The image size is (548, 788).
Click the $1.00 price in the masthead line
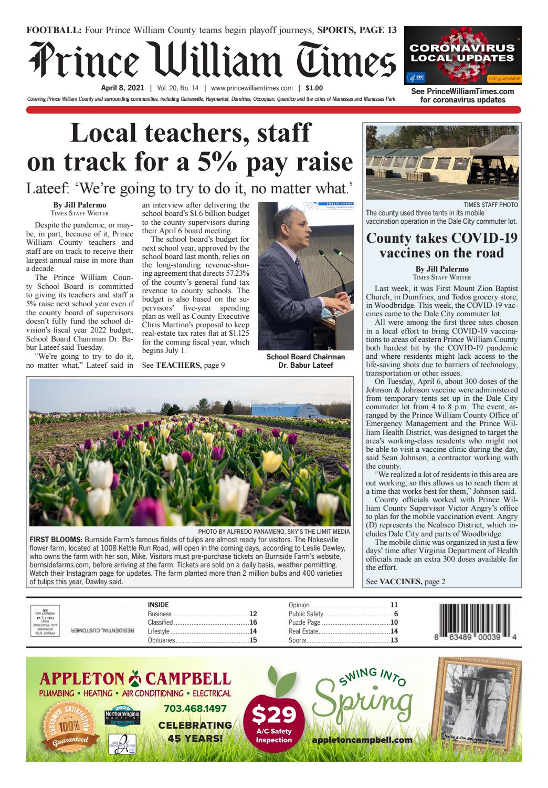(x=314, y=88)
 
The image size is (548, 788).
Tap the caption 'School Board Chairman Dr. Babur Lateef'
(x=305, y=361)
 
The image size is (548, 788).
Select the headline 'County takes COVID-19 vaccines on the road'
(x=441, y=245)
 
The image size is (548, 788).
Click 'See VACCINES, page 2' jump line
(x=405, y=582)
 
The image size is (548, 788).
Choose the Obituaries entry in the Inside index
(x=162, y=640)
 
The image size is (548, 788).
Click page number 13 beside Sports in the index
(x=394, y=640)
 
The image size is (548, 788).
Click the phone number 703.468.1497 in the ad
(x=195, y=709)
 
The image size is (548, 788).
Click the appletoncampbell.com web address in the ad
(x=362, y=740)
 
